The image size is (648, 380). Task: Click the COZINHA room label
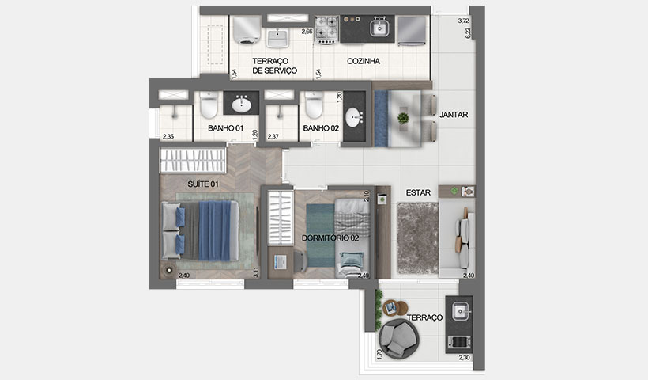click(x=363, y=61)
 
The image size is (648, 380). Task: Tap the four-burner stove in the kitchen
click(x=327, y=29)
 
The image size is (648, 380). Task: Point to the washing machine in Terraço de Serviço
click(x=247, y=32)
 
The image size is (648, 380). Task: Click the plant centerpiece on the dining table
click(x=404, y=118)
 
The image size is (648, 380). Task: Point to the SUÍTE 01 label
click(x=202, y=184)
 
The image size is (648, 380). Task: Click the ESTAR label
click(x=417, y=192)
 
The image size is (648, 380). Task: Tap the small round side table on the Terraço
click(x=391, y=308)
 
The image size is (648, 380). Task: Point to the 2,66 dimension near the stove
click(x=306, y=32)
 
